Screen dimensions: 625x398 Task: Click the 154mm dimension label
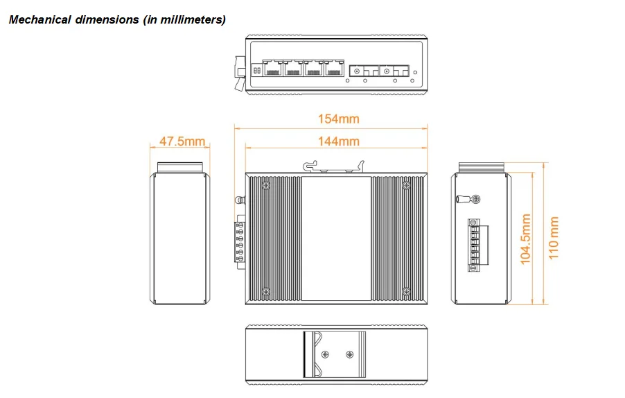(x=339, y=119)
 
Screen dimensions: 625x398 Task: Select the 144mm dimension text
(x=339, y=141)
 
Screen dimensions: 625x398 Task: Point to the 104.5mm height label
(x=526, y=239)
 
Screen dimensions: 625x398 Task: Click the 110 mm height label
(x=553, y=238)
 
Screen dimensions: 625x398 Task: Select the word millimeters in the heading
(x=191, y=19)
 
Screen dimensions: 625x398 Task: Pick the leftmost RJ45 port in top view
(x=272, y=68)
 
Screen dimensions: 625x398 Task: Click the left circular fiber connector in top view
(x=356, y=70)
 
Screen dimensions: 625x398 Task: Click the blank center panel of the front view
(x=336, y=239)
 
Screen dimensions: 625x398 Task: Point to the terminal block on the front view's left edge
(x=240, y=239)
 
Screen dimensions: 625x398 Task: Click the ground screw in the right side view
(x=476, y=199)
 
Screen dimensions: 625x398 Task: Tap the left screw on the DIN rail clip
(x=324, y=355)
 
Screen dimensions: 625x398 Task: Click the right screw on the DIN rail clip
(x=349, y=355)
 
